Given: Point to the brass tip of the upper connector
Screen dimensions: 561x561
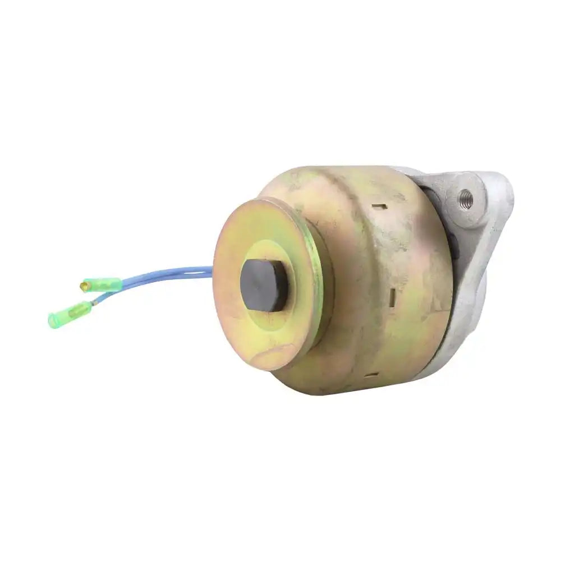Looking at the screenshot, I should [84, 287].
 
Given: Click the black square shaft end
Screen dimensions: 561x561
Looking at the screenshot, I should [264, 285].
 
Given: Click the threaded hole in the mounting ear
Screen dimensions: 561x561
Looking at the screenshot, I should [465, 197].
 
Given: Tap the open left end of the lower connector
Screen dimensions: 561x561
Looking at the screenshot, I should [52, 321].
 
